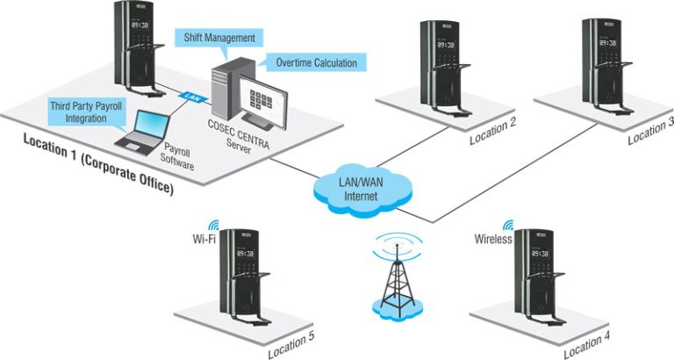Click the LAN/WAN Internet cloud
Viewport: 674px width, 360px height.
pos(358,189)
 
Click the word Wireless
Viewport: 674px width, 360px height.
pos(493,238)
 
